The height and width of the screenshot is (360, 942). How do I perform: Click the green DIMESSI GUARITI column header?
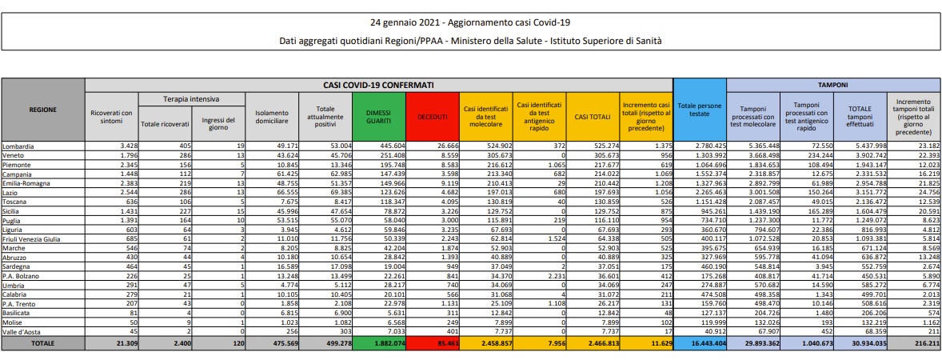[x=379, y=117]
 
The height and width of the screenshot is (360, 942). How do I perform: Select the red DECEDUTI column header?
[x=433, y=117]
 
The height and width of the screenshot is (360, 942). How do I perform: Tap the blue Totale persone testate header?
[x=700, y=110]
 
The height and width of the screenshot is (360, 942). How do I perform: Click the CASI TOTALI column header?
[x=593, y=117]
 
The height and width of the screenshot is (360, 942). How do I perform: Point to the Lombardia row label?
[x=18, y=146]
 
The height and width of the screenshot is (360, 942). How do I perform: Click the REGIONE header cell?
[x=42, y=110]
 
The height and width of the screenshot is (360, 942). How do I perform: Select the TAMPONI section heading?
[x=833, y=86]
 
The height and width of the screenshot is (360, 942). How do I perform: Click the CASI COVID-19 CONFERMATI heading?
[x=379, y=86]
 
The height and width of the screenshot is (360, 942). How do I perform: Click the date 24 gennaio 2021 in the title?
[x=404, y=23]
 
